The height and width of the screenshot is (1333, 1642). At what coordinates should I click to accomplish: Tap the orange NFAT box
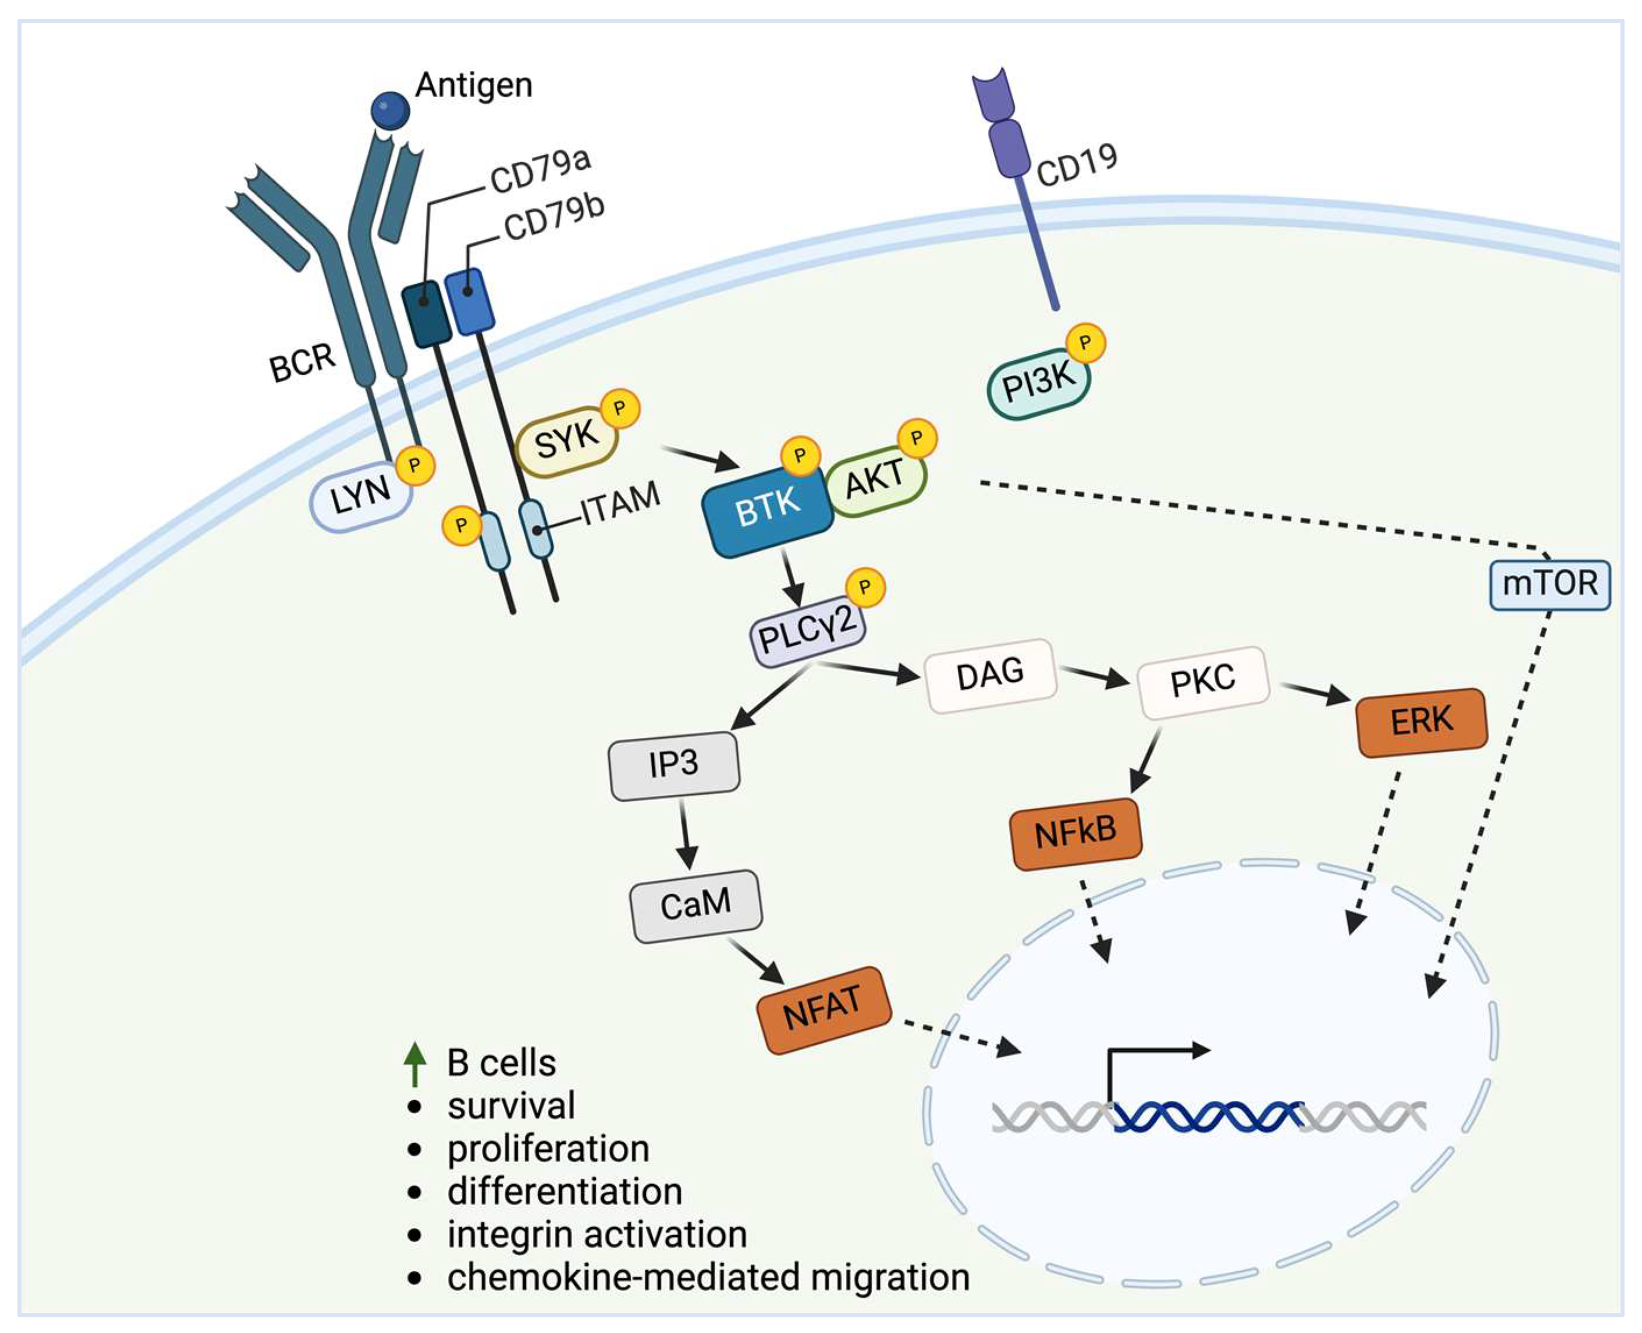[x=823, y=1009]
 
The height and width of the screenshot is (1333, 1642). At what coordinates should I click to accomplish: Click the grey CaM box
[x=696, y=905]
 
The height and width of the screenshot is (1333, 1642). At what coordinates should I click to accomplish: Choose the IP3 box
[x=674, y=765]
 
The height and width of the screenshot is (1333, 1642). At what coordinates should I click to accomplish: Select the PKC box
[x=1203, y=681]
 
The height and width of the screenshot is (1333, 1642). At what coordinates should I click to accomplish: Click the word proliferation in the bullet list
[x=548, y=1149]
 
